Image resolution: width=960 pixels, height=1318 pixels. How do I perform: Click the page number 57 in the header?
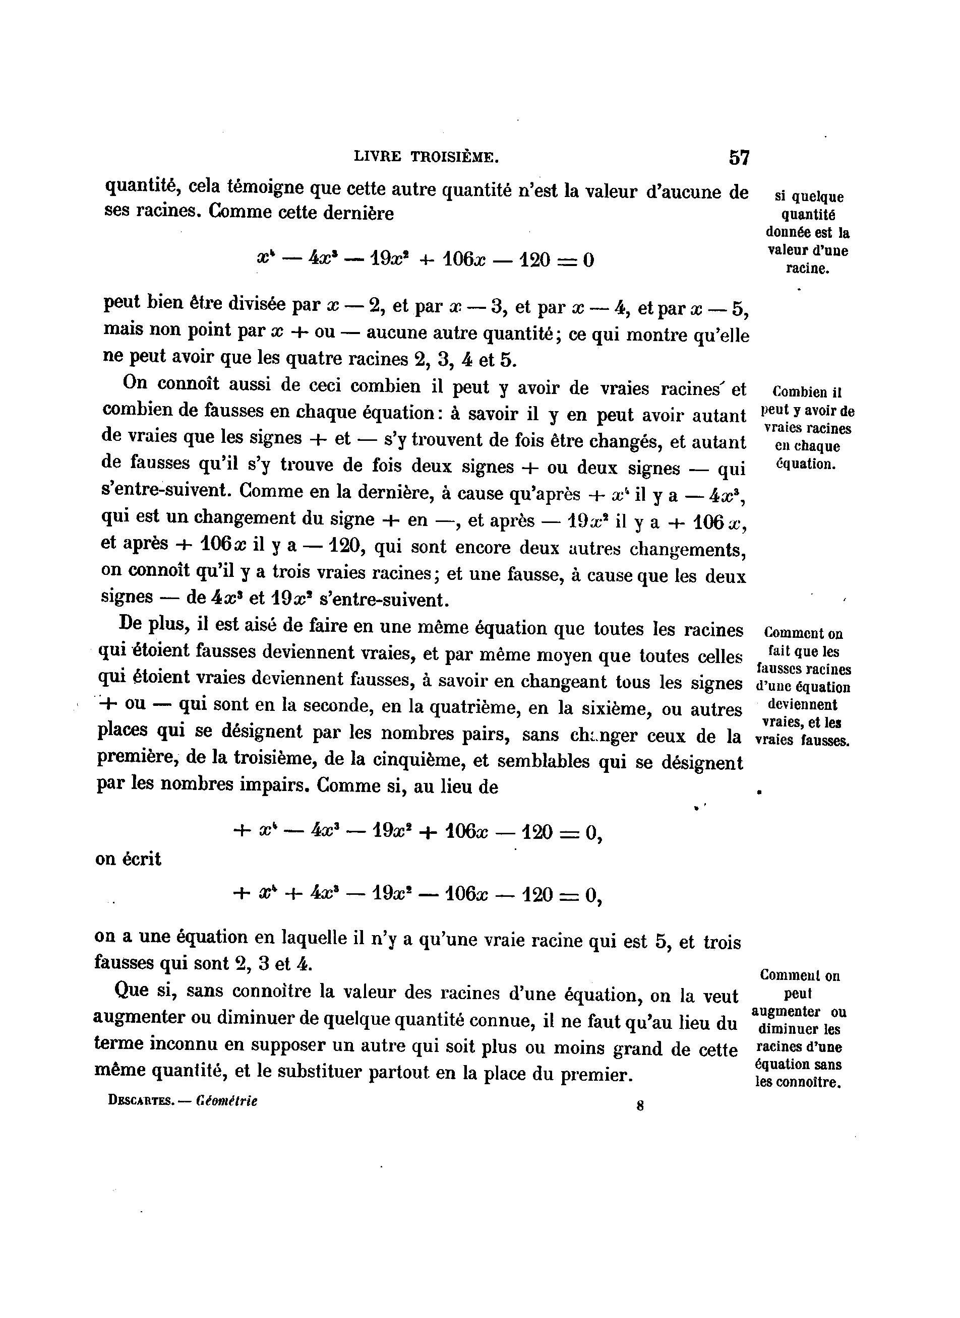[x=739, y=158]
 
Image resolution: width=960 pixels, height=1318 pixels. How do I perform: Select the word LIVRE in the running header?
[x=377, y=156]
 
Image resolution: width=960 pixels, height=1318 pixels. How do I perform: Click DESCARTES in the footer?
[x=141, y=1101]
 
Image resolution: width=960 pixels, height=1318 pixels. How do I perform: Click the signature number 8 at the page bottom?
[x=640, y=1106]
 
